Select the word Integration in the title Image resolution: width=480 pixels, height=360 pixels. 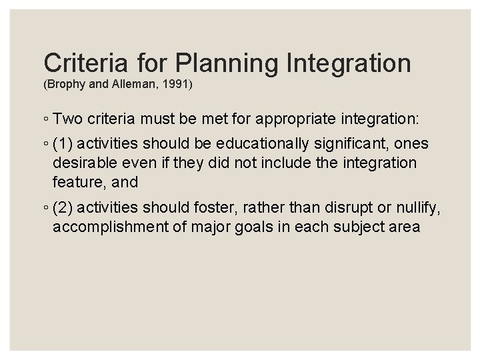(349, 63)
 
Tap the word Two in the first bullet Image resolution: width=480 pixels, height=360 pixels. (65, 120)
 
